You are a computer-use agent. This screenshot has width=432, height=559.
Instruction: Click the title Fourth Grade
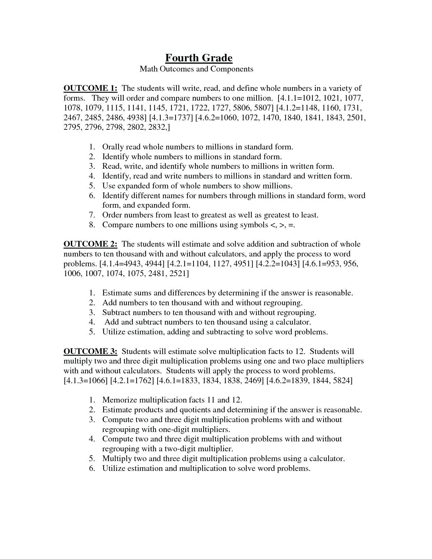[199, 58]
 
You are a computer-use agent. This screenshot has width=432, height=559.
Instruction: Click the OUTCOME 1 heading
[90, 88]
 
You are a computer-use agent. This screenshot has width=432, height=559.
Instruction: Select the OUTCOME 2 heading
[90, 244]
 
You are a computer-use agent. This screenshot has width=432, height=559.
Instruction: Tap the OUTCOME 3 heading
[90, 351]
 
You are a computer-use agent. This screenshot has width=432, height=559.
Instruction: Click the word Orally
[113, 147]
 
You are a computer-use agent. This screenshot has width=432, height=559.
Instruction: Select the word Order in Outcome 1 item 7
[112, 215]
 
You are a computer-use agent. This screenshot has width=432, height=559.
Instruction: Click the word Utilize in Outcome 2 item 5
[114, 332]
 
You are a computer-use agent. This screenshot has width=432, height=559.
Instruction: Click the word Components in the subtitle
[232, 69]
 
